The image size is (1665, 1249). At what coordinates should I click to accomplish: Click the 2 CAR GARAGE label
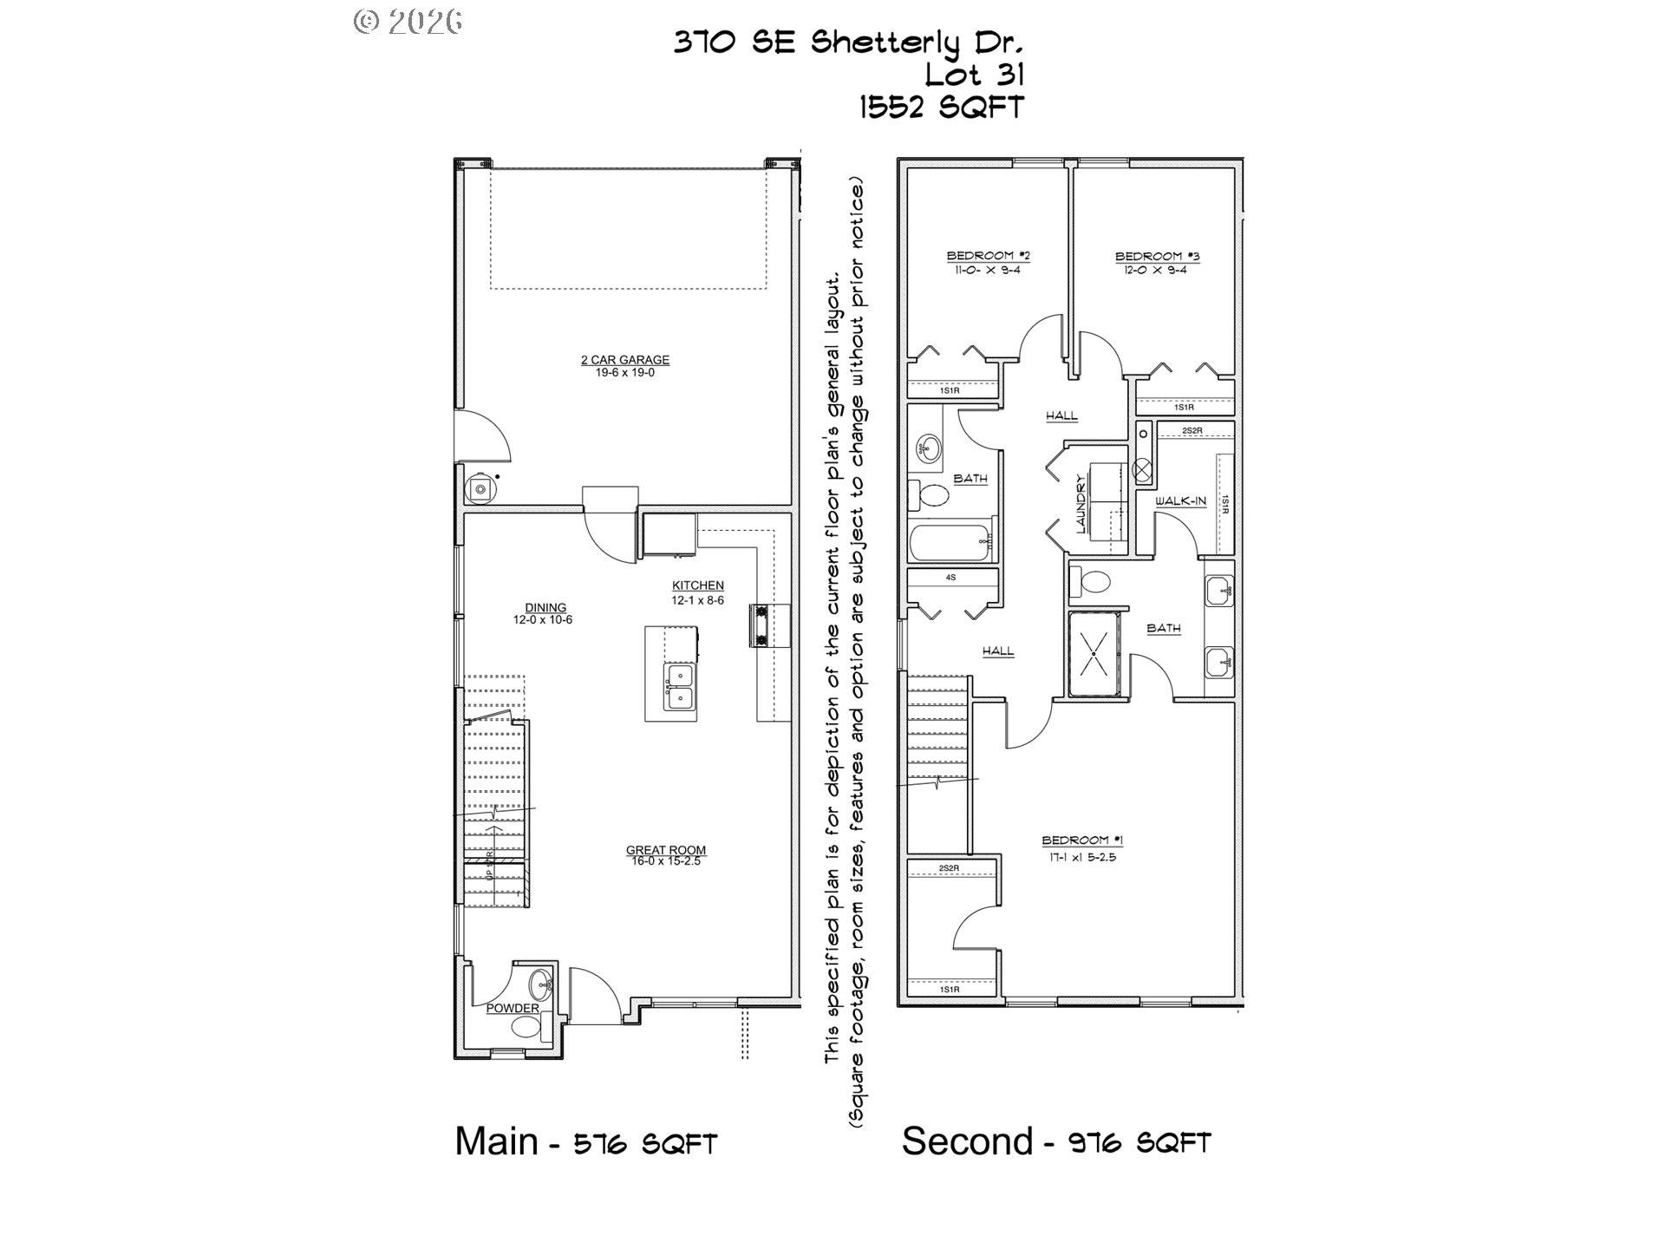pyautogui.click(x=624, y=359)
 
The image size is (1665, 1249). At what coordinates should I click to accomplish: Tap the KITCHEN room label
pyautogui.click(x=697, y=585)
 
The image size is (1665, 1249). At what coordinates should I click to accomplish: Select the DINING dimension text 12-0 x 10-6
pyautogui.click(x=543, y=620)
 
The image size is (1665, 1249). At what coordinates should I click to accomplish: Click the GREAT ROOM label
pyautogui.click(x=666, y=850)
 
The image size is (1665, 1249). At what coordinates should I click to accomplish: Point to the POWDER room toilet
pyautogui.click(x=526, y=1028)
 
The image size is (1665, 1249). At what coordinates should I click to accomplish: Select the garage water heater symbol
pyautogui.click(x=480, y=489)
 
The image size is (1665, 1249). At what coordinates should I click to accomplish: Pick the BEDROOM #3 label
pyautogui.click(x=1156, y=256)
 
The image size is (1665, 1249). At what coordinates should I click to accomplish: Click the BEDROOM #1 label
pyautogui.click(x=1081, y=840)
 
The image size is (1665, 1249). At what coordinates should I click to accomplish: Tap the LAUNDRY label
pyautogui.click(x=1081, y=503)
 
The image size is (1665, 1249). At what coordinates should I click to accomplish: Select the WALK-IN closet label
pyautogui.click(x=1180, y=501)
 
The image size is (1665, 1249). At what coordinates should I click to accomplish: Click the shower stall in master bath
pyautogui.click(x=1094, y=654)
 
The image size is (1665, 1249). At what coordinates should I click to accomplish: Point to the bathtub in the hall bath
pyautogui.click(x=950, y=542)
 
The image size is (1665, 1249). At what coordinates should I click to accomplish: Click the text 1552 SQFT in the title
pyautogui.click(x=941, y=108)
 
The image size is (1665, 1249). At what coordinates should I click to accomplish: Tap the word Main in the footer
pyautogui.click(x=497, y=1141)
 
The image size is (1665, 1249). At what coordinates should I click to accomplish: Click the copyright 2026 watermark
pyautogui.click(x=408, y=21)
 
